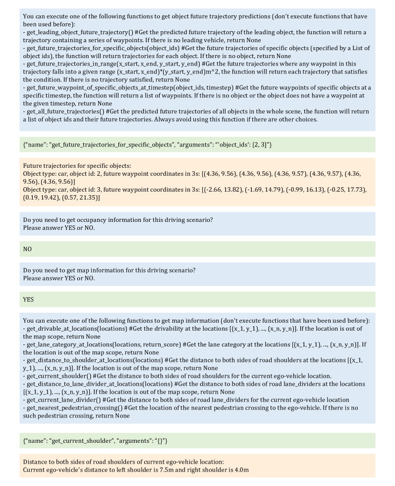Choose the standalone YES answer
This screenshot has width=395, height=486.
(29, 300)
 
